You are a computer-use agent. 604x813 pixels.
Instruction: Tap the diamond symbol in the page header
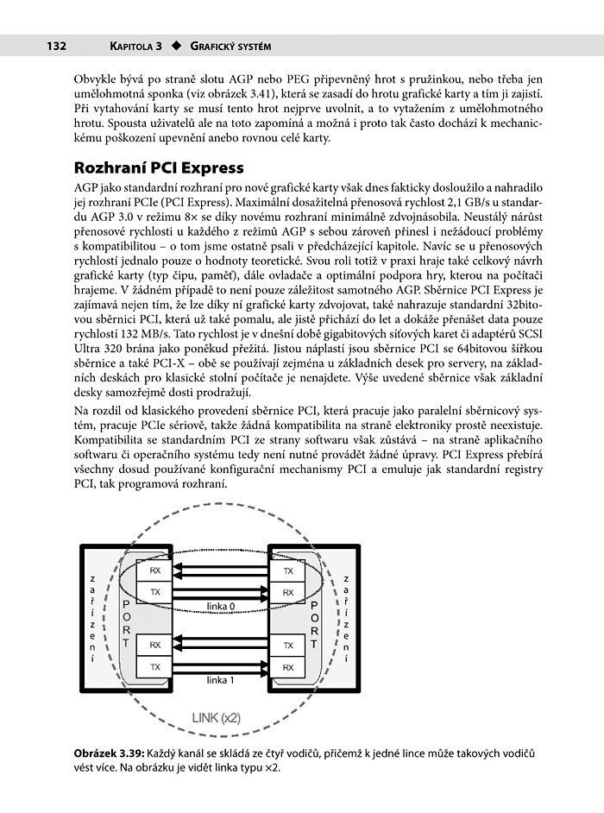click(176, 46)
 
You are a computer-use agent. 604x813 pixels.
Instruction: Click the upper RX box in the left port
click(155, 570)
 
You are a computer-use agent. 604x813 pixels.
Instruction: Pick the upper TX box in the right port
click(288, 570)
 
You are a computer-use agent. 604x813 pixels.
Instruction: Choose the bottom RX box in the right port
click(288, 667)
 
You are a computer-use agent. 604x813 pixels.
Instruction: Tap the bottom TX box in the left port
click(155, 667)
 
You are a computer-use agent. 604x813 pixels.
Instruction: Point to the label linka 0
click(221, 606)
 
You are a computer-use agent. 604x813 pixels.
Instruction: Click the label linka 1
click(221, 680)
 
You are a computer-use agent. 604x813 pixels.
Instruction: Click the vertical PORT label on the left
click(127, 619)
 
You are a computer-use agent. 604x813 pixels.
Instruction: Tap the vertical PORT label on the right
click(316, 619)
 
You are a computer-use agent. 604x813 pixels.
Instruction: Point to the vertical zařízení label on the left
click(92, 619)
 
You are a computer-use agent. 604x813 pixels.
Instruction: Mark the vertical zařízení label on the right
click(346, 619)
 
